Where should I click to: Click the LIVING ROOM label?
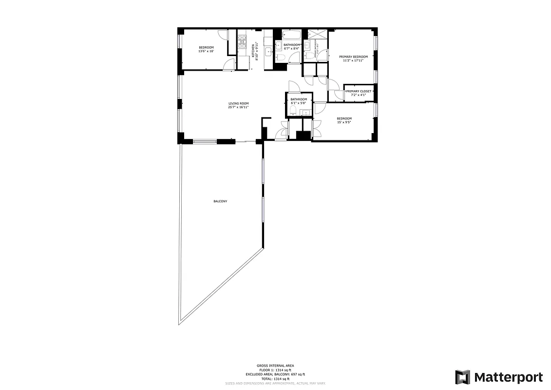point(239,103)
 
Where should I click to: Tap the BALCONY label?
point(220,201)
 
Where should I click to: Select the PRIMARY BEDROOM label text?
point(353,57)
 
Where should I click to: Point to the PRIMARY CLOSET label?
point(359,91)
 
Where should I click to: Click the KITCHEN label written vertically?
point(253,50)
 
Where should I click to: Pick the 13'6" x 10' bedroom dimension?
point(206,51)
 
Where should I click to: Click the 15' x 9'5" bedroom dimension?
point(344,122)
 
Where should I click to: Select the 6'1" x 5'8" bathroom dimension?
point(298,103)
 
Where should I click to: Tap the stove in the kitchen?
point(242,42)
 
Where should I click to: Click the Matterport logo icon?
point(462,377)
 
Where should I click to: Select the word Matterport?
point(508,377)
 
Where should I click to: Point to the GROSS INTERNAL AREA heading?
point(275,366)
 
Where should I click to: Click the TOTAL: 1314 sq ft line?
point(275,379)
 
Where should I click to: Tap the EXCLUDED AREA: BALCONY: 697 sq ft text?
point(275,374)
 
